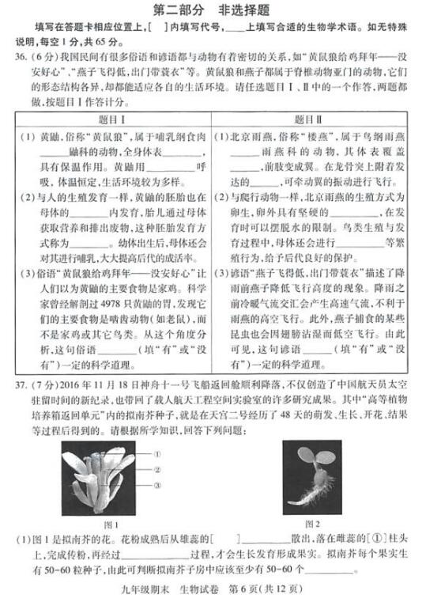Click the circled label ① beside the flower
click(x=159, y=454)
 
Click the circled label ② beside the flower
click(x=159, y=467)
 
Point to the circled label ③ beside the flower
click(x=159, y=483)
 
